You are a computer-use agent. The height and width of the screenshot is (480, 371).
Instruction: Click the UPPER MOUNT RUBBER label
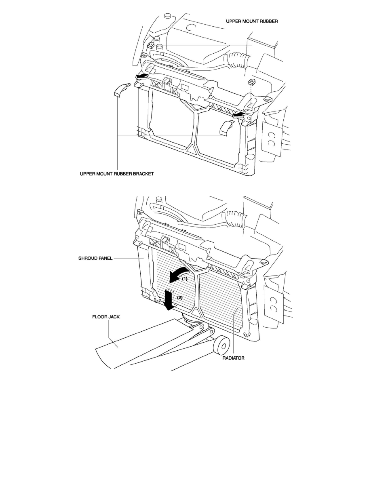coord(252,21)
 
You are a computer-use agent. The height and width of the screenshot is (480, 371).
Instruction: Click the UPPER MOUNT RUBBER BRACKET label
coord(117,174)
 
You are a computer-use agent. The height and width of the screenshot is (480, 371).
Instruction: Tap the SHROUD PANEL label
coord(95,258)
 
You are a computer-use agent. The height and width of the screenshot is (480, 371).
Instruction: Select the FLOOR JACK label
coord(106,317)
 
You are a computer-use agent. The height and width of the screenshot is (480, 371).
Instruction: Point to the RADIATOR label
coord(233,358)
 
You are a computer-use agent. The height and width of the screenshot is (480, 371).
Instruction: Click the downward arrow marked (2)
coord(169,299)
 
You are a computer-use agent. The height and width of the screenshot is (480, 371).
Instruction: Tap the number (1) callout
coord(185,279)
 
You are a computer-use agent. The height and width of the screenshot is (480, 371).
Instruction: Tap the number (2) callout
coord(180,297)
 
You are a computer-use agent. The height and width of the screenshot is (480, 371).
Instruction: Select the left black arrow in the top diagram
coord(142,76)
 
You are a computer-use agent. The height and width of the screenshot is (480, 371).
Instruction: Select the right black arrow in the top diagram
coord(239,115)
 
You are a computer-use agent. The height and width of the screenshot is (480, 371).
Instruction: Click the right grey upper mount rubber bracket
coord(226,127)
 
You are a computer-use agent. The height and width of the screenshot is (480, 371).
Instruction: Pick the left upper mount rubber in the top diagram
coord(151,46)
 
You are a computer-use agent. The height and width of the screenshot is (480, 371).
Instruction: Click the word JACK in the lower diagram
coord(114,317)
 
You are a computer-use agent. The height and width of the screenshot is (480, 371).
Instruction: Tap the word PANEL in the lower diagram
coord(105,258)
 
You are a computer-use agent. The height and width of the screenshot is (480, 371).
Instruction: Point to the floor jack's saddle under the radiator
coord(190,319)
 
